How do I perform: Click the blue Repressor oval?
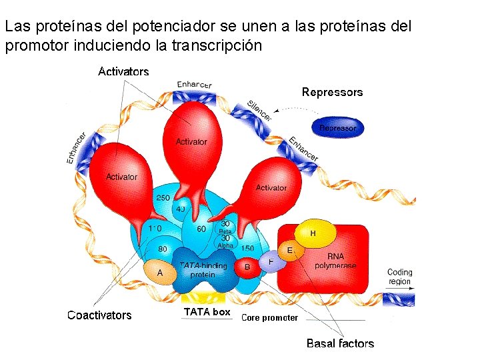(338, 127)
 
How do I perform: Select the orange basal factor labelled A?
(160, 272)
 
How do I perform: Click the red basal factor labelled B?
(247, 267)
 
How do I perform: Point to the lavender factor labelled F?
(271, 261)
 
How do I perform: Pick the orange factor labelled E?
(290, 251)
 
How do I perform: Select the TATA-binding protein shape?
(203, 270)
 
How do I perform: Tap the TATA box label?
(207, 312)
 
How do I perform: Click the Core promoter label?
(269, 318)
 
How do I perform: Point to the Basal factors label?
(340, 343)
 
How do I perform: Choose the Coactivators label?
(99, 315)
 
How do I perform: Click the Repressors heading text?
(332, 92)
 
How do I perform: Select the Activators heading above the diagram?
(123, 71)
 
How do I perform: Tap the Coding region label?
(399, 277)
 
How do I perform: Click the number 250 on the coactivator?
(163, 198)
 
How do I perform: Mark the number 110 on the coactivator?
(154, 228)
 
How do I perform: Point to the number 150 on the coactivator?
(247, 249)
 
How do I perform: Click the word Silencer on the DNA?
(259, 111)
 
